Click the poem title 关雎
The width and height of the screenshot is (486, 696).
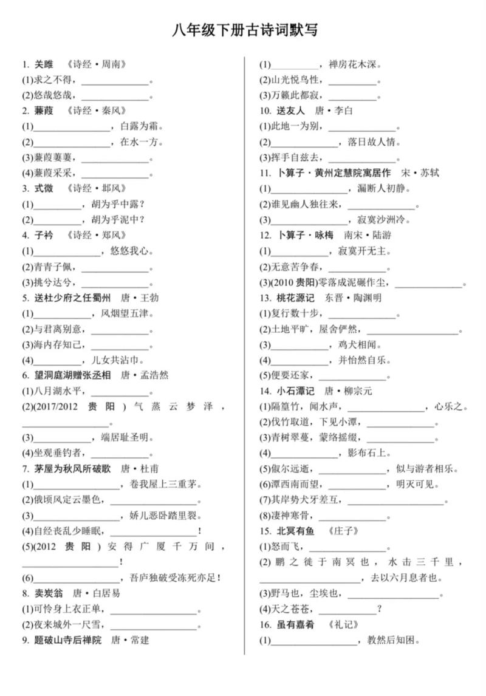tap(44, 64)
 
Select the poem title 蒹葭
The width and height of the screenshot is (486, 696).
tap(44, 111)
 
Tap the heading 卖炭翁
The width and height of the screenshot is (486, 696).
tap(49, 593)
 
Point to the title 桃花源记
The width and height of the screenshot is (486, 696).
tap(295, 298)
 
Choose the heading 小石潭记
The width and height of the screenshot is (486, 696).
tap(295, 391)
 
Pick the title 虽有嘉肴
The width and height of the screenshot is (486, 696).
tap(295, 624)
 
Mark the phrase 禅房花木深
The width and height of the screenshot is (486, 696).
tap(354, 64)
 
